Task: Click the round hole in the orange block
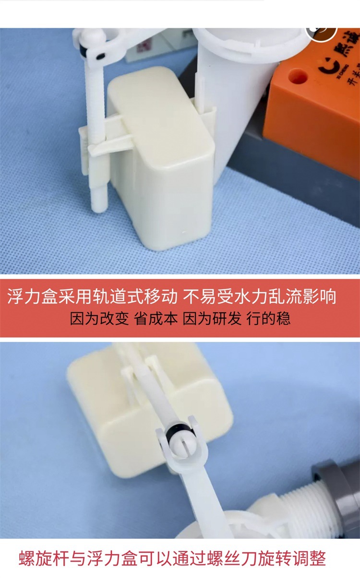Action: tap(298, 76)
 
